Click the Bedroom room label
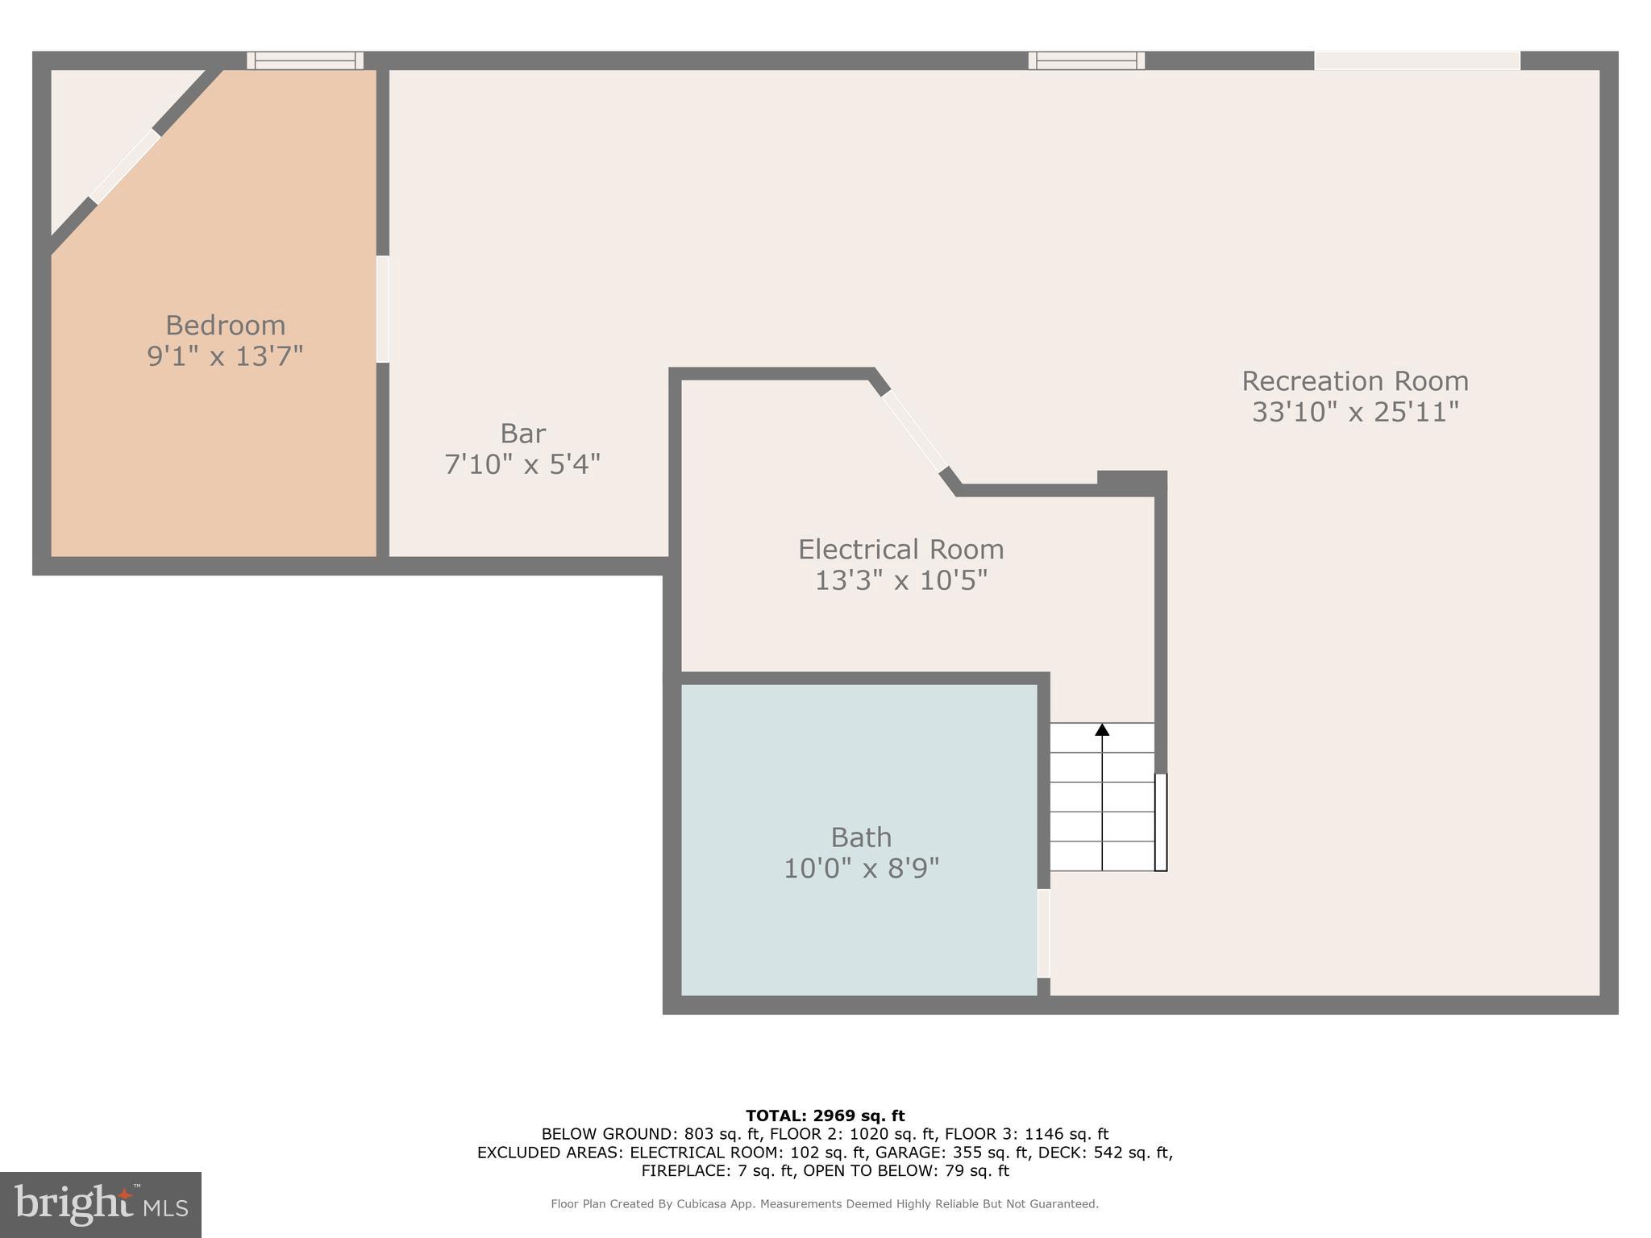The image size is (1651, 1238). [225, 326]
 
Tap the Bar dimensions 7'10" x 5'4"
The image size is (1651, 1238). [522, 464]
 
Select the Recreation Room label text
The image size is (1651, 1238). [1354, 381]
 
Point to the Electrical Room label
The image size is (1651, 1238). [900, 550]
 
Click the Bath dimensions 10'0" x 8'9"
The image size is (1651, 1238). [861, 869]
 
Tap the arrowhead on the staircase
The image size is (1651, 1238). [1102, 729]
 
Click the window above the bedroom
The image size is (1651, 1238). [305, 60]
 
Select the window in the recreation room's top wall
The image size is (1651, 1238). [1086, 60]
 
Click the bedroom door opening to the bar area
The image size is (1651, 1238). [383, 309]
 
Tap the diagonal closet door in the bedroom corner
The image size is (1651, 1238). [125, 167]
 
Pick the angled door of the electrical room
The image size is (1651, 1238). [915, 430]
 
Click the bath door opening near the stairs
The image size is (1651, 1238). [1043, 933]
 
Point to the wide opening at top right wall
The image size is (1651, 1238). [1416, 60]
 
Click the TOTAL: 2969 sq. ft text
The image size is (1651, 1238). [825, 1116]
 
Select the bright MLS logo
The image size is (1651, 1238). [101, 1205]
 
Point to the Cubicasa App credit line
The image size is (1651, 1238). [825, 1204]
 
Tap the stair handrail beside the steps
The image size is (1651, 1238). [1161, 822]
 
